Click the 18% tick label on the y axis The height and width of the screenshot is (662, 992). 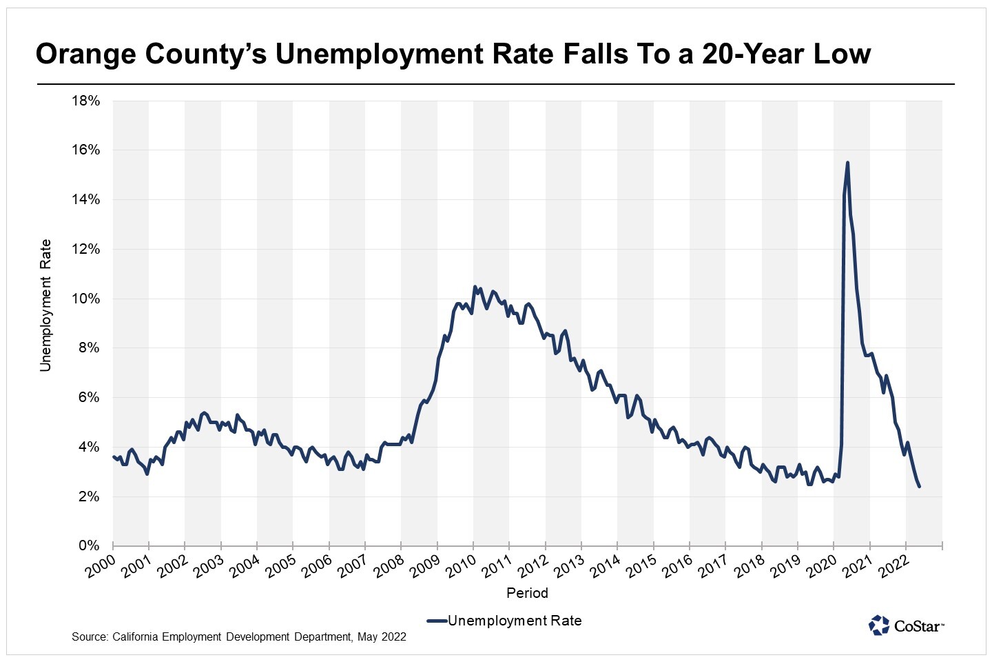85,101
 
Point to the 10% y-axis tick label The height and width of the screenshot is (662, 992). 85,299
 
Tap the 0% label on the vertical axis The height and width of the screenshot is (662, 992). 89,545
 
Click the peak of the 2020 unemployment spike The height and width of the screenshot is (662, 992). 847,163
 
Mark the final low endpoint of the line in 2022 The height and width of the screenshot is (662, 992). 919,487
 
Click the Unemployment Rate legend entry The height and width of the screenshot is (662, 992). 514,621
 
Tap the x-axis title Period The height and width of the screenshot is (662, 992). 527,593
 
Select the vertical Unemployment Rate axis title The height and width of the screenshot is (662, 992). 46,305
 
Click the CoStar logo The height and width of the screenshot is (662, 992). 906,625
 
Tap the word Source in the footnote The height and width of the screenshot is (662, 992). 88,636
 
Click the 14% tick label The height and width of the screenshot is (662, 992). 85,200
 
